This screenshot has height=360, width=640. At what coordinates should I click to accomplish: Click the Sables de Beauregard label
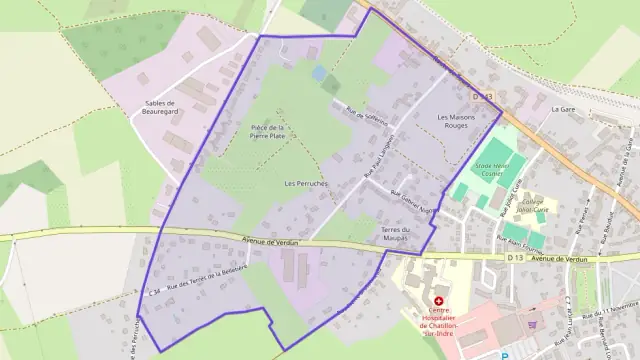160,108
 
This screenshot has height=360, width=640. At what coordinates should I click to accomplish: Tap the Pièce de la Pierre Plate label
267,132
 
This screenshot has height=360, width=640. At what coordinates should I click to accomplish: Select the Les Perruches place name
305,184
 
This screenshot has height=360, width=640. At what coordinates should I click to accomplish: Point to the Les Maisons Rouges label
459,122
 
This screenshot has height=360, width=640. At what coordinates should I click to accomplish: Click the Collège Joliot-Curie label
539,207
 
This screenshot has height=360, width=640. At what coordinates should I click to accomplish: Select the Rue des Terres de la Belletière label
207,280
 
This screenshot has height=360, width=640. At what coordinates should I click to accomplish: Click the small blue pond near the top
318,73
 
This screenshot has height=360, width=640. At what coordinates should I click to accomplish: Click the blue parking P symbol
505,355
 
